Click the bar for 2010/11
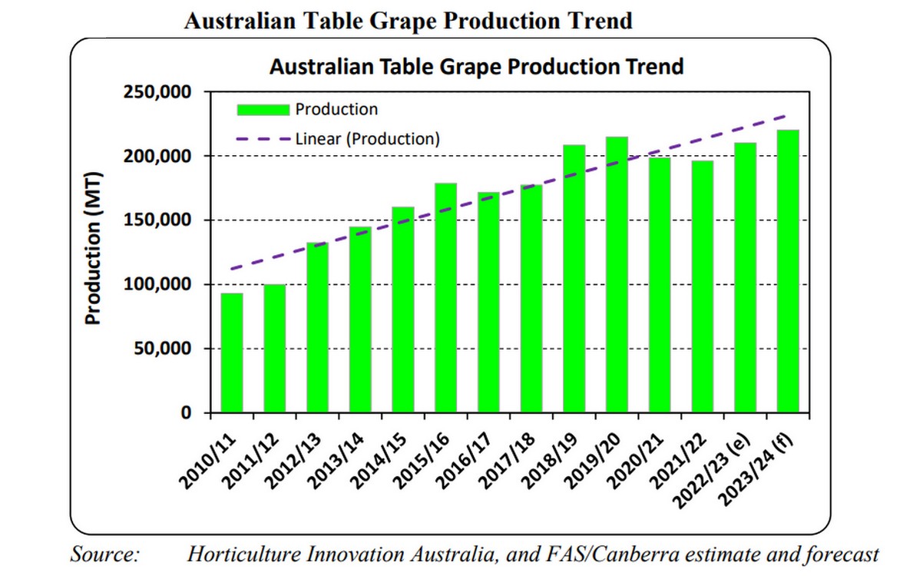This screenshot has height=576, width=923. click(232, 353)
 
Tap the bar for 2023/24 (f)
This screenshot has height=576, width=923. click(788, 272)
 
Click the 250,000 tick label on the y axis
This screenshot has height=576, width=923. click(157, 92)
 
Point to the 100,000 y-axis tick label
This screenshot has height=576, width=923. click(157, 285)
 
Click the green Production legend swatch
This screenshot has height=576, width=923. click(263, 109)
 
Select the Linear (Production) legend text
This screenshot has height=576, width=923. click(368, 139)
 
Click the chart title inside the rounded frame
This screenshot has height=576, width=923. click(476, 66)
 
